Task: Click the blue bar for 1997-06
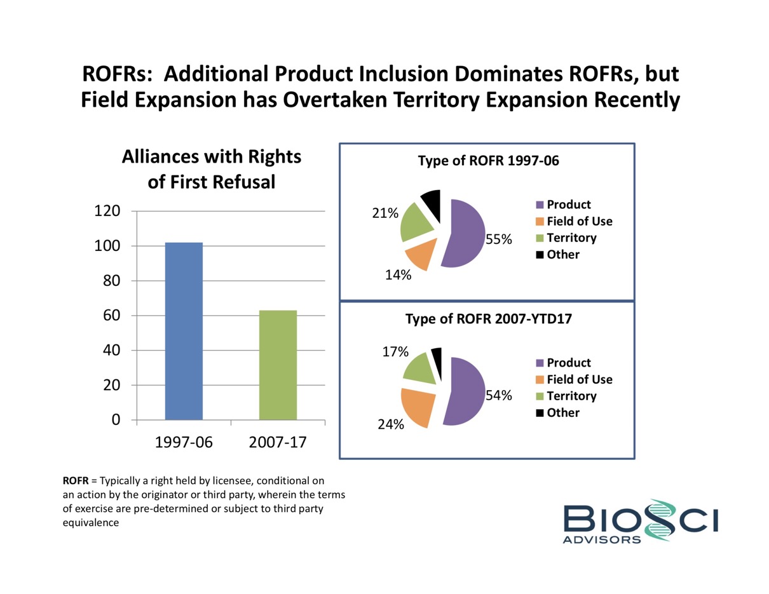pos(184,331)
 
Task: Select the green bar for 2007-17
pos(278,365)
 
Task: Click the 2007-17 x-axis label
pos(278,442)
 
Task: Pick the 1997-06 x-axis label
pos(184,442)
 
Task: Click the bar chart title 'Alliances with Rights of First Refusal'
pos(211,169)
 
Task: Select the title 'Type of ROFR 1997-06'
pos(488,161)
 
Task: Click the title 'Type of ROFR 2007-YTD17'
pos(489,320)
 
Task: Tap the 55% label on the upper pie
pos(499,240)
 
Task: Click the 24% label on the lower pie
pos(390,424)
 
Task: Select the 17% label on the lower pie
pos(396,351)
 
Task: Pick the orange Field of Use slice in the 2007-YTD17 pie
pos(417,406)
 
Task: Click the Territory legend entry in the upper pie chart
pos(566,238)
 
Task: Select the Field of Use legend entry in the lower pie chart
pos(574,379)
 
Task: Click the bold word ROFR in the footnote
pos(75,481)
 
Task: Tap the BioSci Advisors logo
pos(641,521)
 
